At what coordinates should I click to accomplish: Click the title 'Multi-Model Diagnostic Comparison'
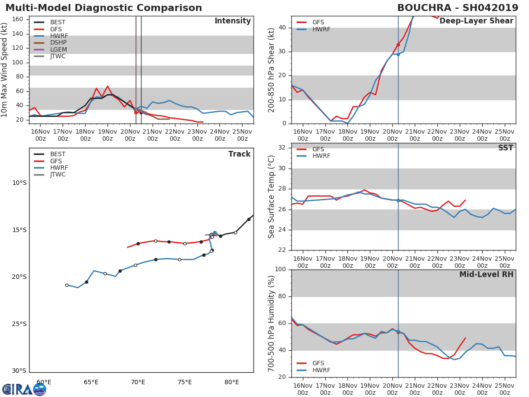point(104,8)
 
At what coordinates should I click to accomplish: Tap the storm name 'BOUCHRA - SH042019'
point(458,8)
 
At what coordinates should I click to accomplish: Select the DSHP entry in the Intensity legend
point(58,43)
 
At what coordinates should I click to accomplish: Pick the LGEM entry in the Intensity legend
point(58,49)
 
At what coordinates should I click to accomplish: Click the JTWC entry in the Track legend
point(58,175)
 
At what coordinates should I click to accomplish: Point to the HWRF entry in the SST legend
point(321,156)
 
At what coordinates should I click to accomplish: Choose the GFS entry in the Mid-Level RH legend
point(318,363)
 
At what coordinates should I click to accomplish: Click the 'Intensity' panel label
point(232,21)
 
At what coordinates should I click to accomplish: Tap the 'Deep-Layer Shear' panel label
point(476,21)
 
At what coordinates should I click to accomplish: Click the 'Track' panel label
point(239,154)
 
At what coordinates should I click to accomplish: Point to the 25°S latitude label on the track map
point(19,324)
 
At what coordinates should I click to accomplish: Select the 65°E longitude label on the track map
point(91,382)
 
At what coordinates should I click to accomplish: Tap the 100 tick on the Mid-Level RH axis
point(279,270)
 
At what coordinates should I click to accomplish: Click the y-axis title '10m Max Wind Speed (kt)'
point(5,70)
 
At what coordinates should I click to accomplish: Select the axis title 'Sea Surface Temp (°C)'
point(272,197)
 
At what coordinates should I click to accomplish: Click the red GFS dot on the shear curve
point(398,45)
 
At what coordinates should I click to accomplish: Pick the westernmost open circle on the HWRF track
point(67,285)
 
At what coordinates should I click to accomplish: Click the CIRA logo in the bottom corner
point(24,389)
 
